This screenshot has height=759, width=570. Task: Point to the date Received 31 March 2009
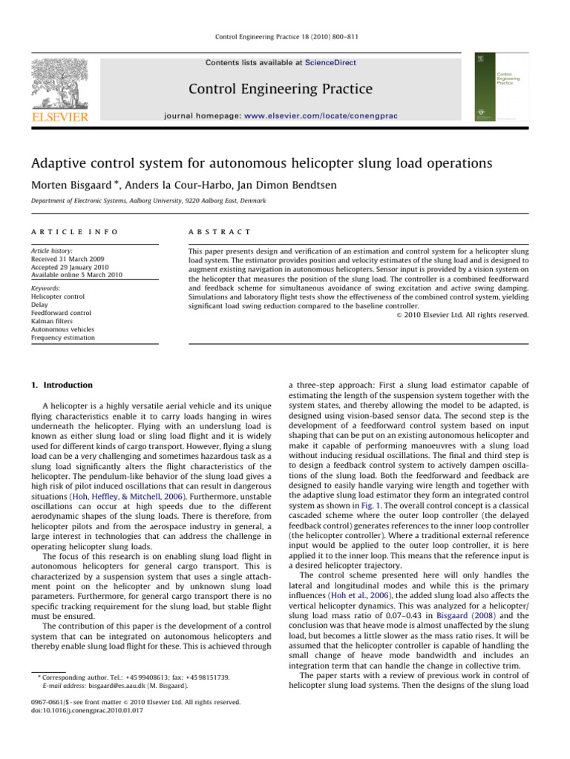(x=73, y=259)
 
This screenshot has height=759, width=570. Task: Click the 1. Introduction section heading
(x=62, y=385)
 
